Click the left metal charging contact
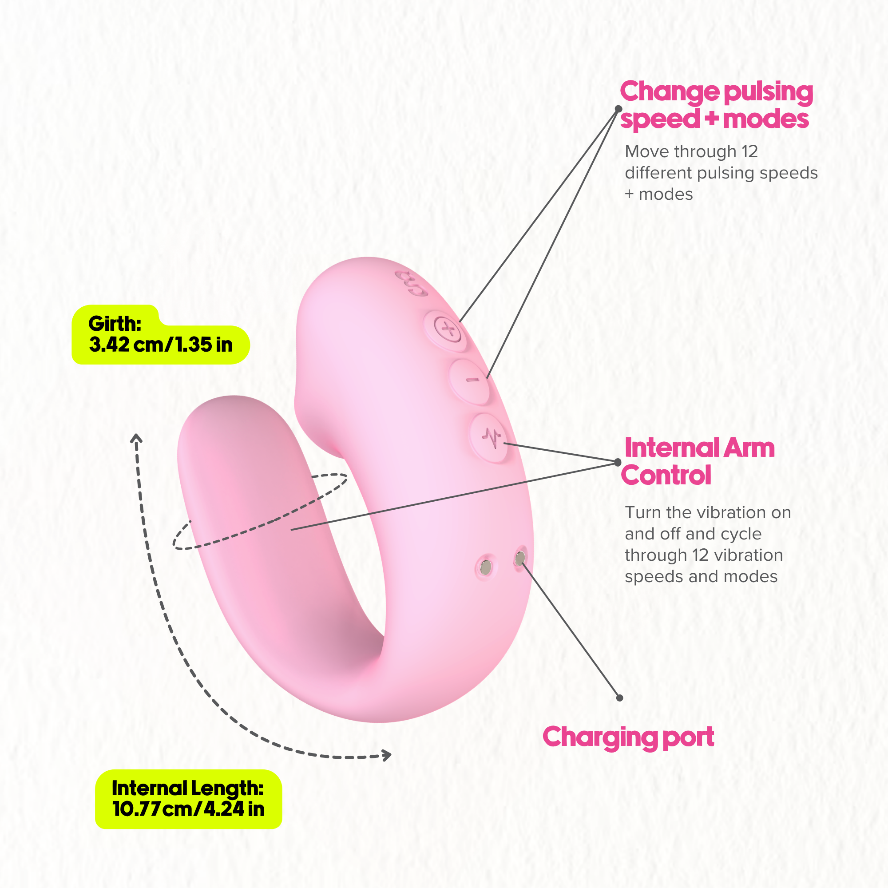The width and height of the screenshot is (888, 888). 486,567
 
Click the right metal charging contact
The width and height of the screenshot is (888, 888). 520,559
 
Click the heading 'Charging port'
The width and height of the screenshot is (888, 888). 628,737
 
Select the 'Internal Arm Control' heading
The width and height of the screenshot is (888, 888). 698,461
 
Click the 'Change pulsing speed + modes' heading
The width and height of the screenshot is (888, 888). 717,105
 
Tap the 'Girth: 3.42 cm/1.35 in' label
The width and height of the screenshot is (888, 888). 160,335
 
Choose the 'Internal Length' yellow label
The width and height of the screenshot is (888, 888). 188,799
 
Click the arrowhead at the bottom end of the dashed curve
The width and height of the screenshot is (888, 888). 387,755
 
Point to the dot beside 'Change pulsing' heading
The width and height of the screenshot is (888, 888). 618,109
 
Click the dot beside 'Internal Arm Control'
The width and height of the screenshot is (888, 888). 618,462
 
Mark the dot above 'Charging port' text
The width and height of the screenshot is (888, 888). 619,698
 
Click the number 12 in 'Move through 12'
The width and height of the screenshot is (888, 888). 749,152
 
